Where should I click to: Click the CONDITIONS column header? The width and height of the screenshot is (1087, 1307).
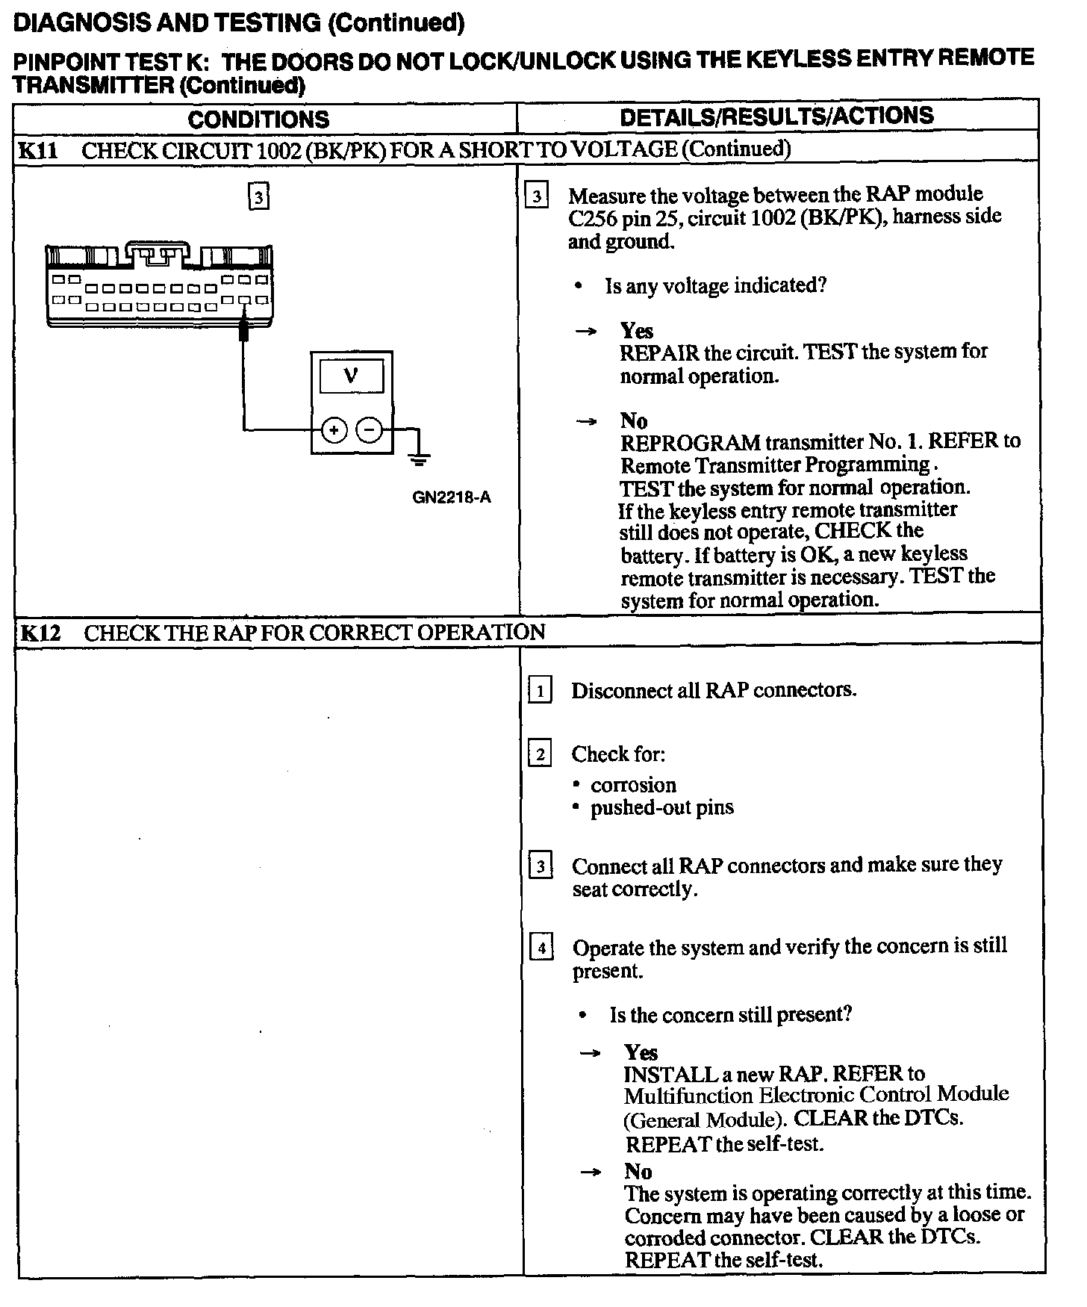pos(258,119)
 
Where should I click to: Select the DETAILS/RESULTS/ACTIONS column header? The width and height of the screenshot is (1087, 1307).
pos(776,116)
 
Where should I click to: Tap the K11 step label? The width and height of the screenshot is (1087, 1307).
pos(37,150)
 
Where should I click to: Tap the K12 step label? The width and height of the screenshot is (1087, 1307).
pos(40,633)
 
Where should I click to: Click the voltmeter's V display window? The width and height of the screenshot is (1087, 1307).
pos(351,376)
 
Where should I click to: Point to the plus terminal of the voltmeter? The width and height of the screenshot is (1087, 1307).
pos(334,429)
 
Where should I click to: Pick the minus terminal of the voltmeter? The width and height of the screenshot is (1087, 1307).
pos(369,429)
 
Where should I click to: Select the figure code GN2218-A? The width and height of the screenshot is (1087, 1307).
pos(452,497)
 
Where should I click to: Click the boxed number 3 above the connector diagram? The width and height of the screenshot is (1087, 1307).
pos(258,197)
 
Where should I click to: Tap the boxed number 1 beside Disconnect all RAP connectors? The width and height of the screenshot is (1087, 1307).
pos(540,690)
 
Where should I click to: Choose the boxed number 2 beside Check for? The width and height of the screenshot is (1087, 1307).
pos(540,754)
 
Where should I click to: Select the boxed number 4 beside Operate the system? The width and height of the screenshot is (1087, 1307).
pos(541,949)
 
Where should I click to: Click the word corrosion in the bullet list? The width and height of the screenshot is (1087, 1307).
pos(633,785)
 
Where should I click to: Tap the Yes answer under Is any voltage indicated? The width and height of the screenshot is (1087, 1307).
pos(636,331)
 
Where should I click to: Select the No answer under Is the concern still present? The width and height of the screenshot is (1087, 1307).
pos(638,1171)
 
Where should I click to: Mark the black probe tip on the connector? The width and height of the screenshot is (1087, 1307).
pos(243,330)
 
